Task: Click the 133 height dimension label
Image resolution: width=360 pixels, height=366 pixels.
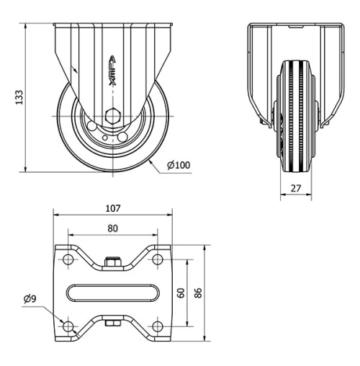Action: click(x=19, y=97)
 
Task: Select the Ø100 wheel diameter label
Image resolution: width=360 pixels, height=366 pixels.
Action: click(x=178, y=166)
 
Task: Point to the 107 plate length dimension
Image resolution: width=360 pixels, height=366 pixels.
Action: click(x=113, y=209)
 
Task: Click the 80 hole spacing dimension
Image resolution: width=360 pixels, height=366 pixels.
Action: click(x=113, y=228)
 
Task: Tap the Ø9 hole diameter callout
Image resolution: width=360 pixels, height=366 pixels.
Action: click(x=30, y=298)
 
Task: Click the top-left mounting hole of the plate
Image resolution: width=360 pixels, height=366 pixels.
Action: click(x=68, y=258)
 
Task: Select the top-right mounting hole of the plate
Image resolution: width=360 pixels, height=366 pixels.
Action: click(x=157, y=258)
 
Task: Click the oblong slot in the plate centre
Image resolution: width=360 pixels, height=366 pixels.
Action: click(x=113, y=292)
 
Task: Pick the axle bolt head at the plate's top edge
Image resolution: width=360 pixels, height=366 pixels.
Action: click(x=112, y=262)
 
